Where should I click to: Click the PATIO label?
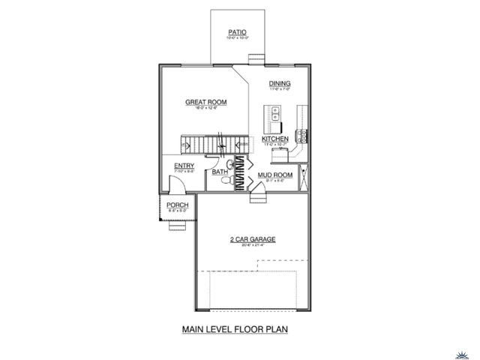click(x=238, y=32)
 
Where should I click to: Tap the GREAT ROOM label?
click(x=206, y=102)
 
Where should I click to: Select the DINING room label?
click(x=280, y=83)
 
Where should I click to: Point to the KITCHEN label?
click(x=275, y=139)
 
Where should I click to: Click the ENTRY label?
click(x=184, y=166)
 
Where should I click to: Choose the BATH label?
click(x=220, y=172)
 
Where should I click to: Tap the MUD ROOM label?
click(x=274, y=175)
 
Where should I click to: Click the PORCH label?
click(x=177, y=205)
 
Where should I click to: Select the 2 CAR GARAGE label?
click(x=253, y=239)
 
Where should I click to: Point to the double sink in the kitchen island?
click(x=275, y=115)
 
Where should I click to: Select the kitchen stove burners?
click(x=302, y=136)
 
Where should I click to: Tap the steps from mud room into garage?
click(x=257, y=199)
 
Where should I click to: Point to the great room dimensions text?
click(x=206, y=109)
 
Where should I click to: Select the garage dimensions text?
click(x=253, y=245)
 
